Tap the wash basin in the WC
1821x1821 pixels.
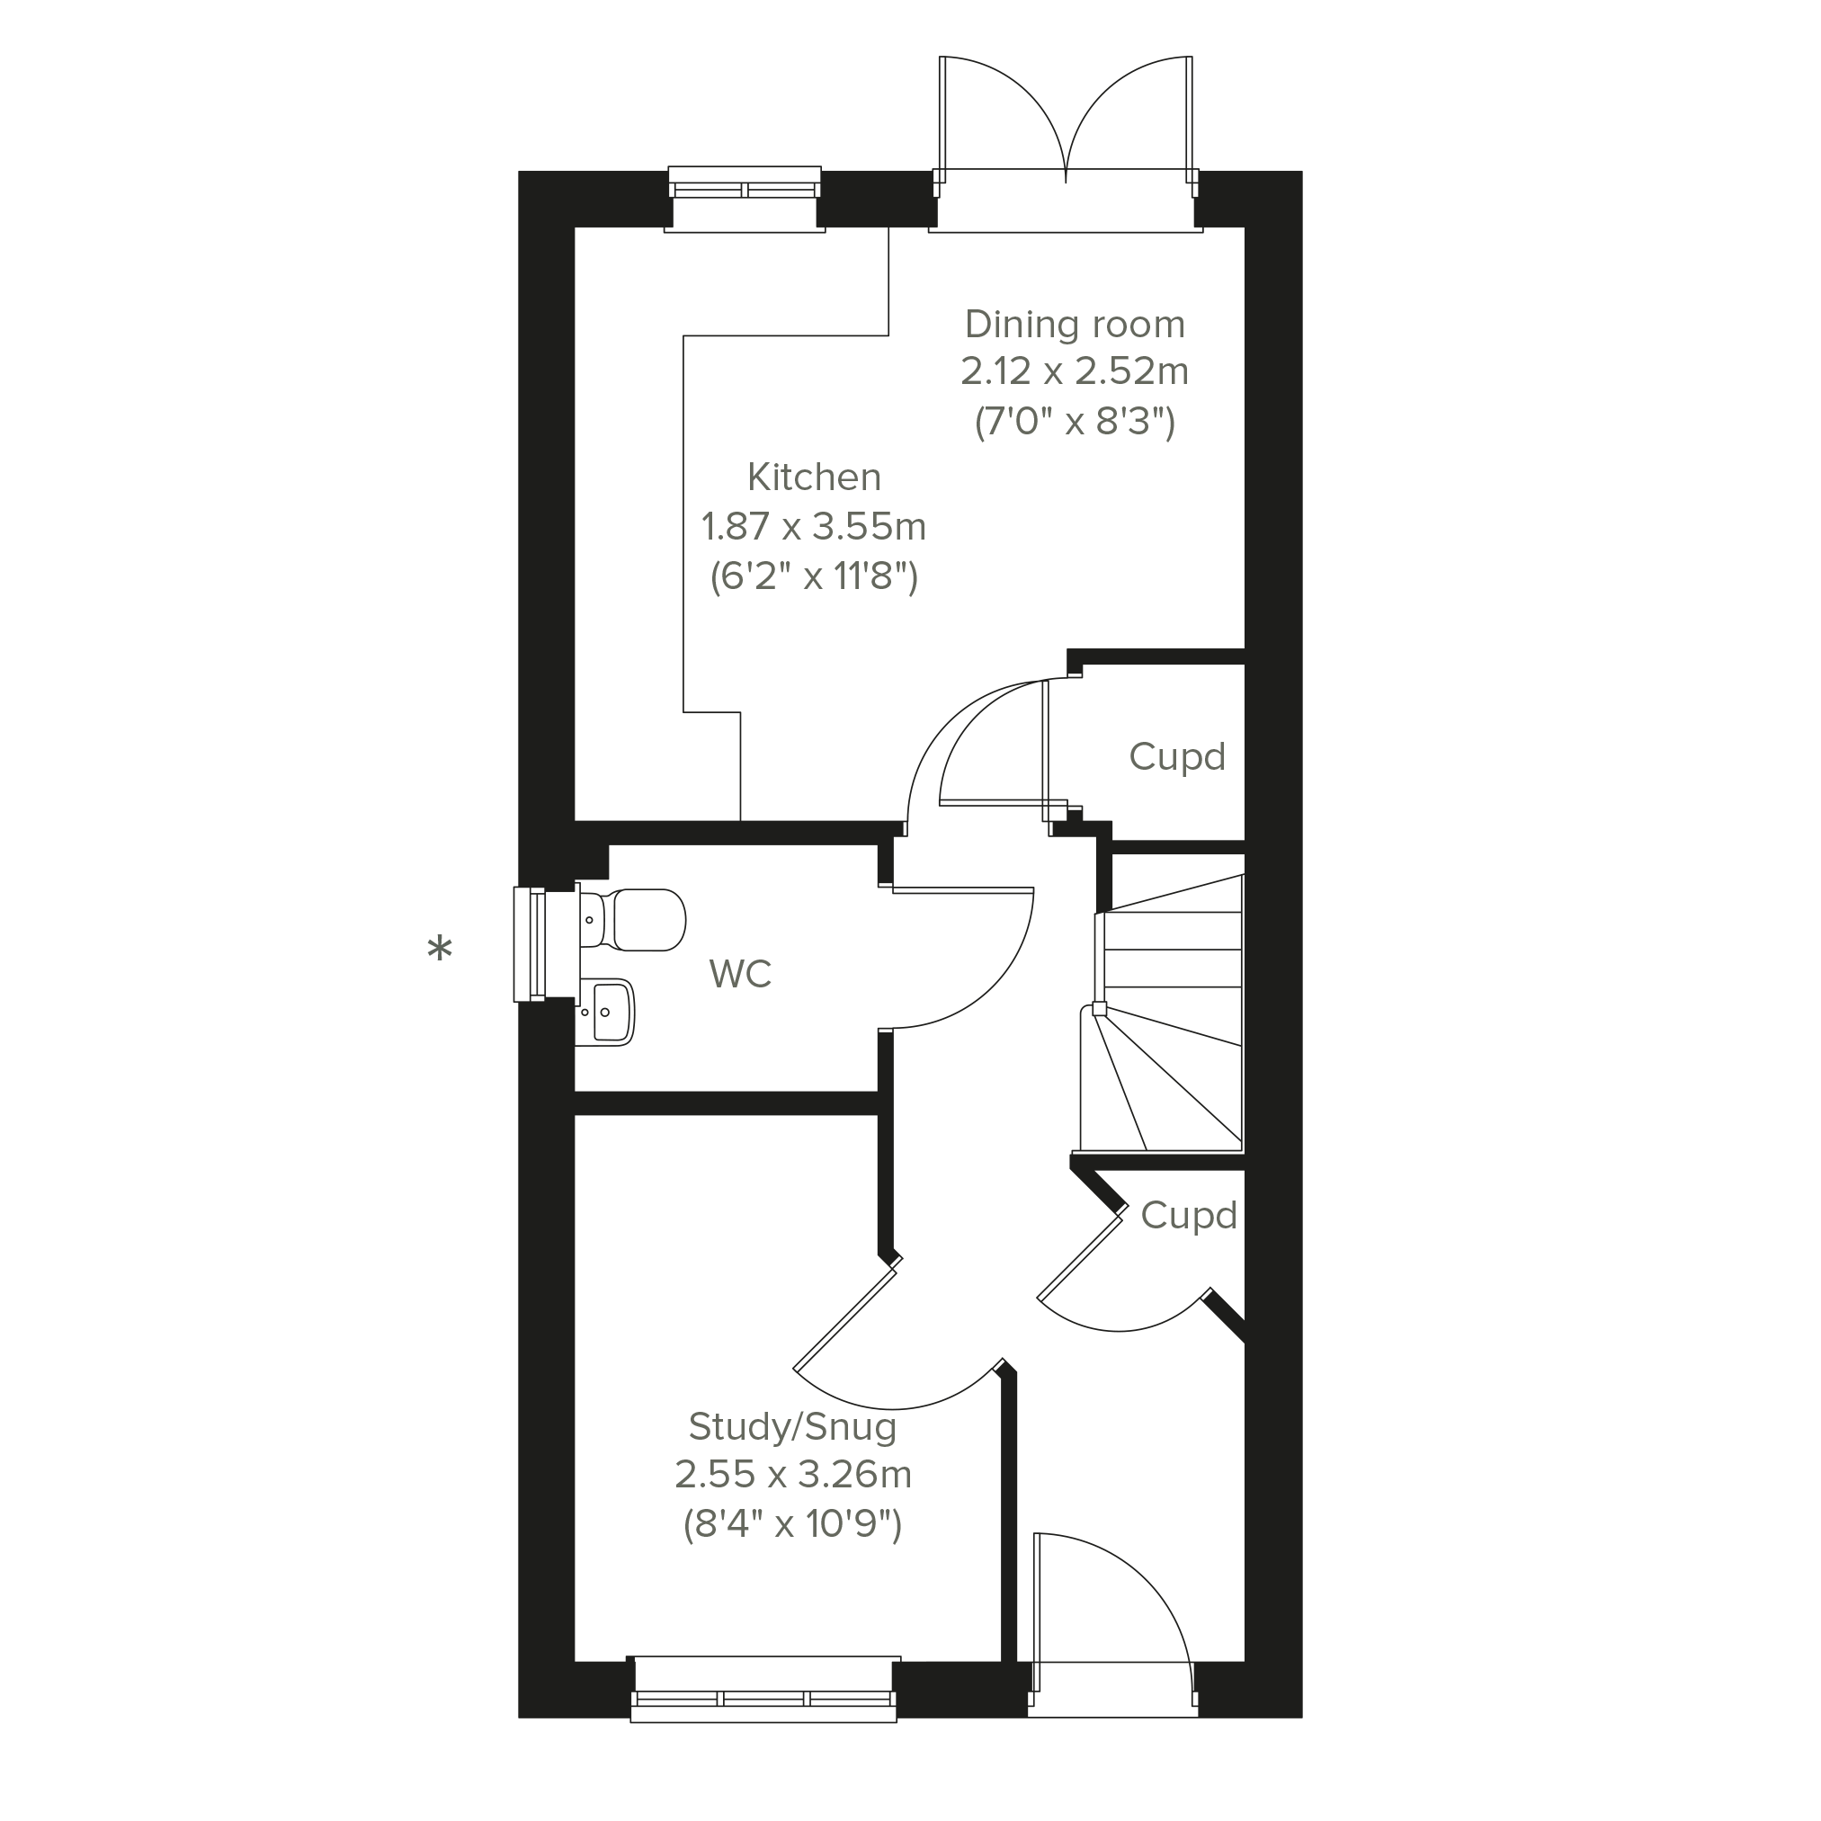(604, 1012)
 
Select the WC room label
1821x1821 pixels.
(741, 974)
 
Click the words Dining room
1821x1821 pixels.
(1075, 325)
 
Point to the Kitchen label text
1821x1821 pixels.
(815, 477)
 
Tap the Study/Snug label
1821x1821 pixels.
(792, 1427)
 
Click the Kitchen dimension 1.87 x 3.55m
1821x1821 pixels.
(815, 526)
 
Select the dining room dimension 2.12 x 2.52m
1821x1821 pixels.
(1075, 371)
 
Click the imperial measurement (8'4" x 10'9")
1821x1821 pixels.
(792, 1523)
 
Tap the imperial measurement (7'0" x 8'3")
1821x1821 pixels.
(1075, 422)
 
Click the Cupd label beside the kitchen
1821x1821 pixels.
(1177, 757)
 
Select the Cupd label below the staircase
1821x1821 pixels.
(1189, 1216)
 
